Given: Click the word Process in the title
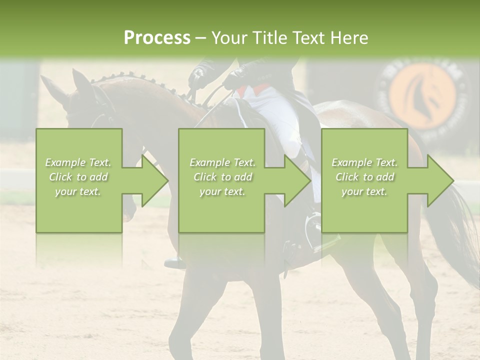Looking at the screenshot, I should click(157, 38).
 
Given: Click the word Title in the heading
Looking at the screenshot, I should click(270, 38).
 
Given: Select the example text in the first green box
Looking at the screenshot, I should click(78, 177).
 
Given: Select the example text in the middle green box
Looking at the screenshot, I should click(222, 177).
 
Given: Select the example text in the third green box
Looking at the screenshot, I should click(364, 177).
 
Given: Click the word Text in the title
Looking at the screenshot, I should click(310, 38).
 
